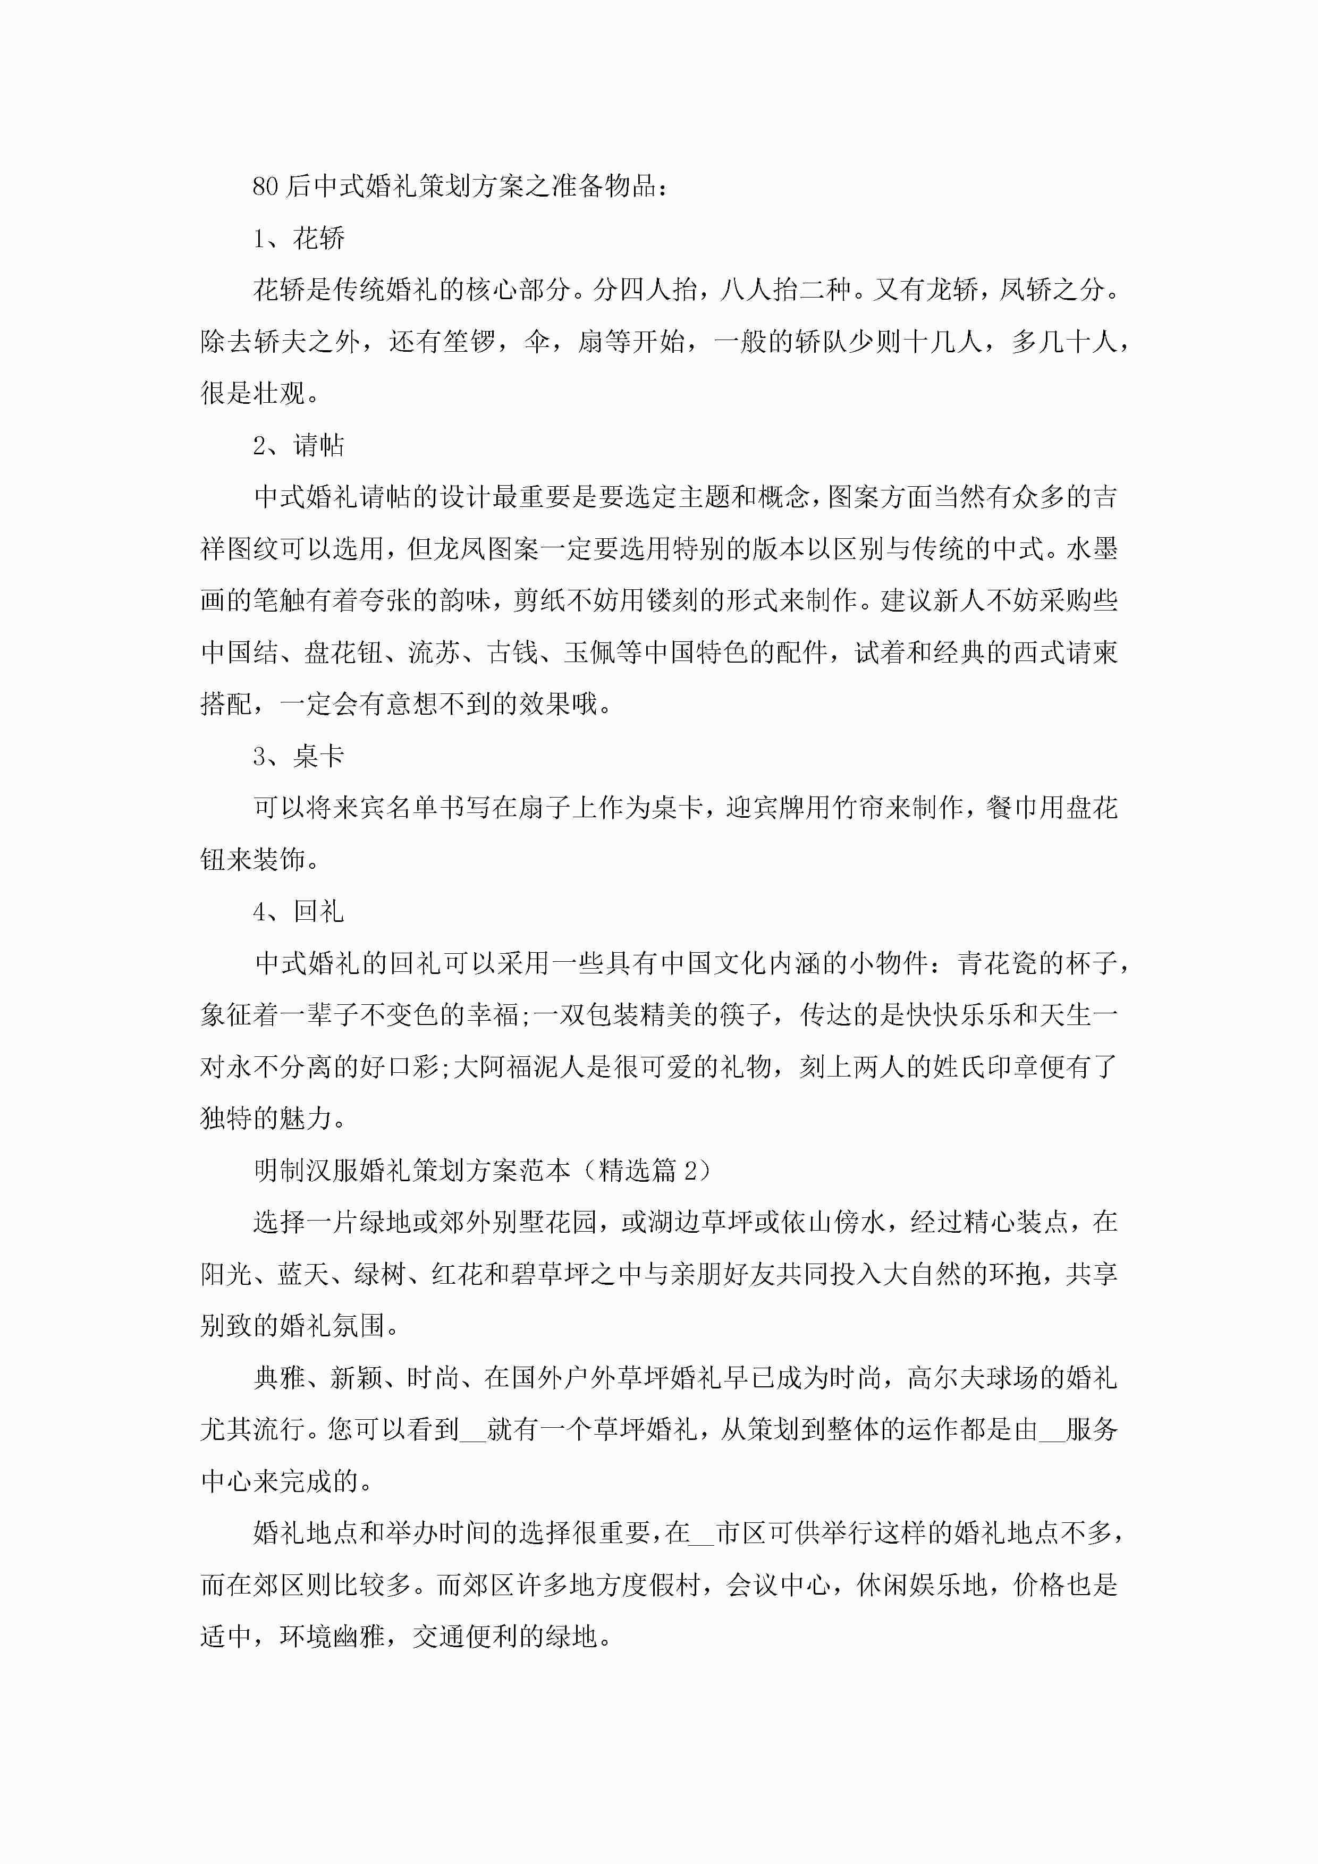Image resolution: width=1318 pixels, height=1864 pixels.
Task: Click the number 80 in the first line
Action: [x=265, y=187]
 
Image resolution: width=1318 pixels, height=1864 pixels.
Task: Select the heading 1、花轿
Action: [x=298, y=239]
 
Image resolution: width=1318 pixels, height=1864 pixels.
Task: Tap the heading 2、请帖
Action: [x=298, y=445]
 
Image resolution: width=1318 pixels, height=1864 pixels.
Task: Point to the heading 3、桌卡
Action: [x=298, y=757]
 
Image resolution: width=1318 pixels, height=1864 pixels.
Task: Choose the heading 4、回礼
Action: [x=298, y=912]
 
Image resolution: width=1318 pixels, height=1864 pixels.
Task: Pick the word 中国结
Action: [x=240, y=653]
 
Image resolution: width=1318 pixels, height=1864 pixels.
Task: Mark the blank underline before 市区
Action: [x=702, y=1533]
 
